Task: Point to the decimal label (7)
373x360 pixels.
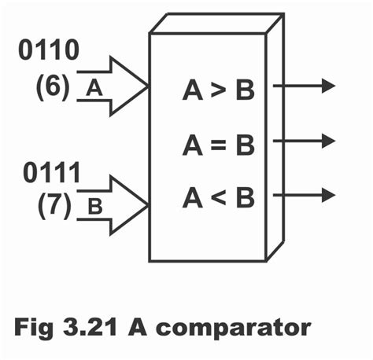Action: [54, 207]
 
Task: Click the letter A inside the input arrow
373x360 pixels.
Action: [94, 89]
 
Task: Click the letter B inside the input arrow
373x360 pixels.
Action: [94, 208]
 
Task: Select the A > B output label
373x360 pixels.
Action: [218, 91]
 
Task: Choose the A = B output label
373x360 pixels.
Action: [218, 145]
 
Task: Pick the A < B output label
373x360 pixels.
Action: [218, 197]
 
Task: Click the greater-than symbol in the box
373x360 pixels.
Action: [220, 92]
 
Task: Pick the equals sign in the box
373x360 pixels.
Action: [220, 145]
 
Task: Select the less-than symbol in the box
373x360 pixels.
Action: [220, 198]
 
